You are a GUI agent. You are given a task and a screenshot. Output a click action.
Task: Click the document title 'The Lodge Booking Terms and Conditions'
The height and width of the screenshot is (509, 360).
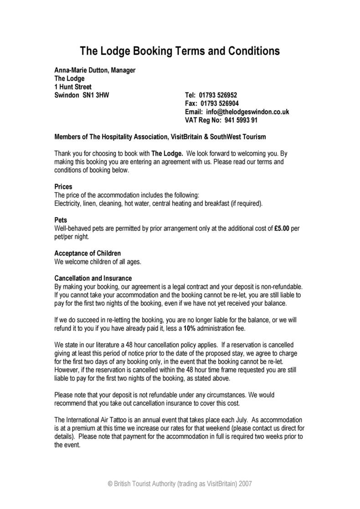(180, 51)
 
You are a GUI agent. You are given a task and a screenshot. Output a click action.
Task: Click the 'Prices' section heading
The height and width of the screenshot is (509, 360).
(63, 187)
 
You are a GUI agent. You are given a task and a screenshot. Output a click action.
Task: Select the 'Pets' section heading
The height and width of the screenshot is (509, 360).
(61, 220)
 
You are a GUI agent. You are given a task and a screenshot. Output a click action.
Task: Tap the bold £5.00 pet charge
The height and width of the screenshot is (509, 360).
(282, 229)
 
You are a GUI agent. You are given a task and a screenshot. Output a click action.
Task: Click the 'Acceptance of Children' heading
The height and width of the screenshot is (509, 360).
(87, 253)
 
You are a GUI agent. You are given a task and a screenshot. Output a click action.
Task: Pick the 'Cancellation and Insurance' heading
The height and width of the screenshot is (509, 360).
(93, 278)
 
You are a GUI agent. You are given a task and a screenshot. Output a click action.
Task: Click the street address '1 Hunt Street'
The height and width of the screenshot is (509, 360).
(73, 87)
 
